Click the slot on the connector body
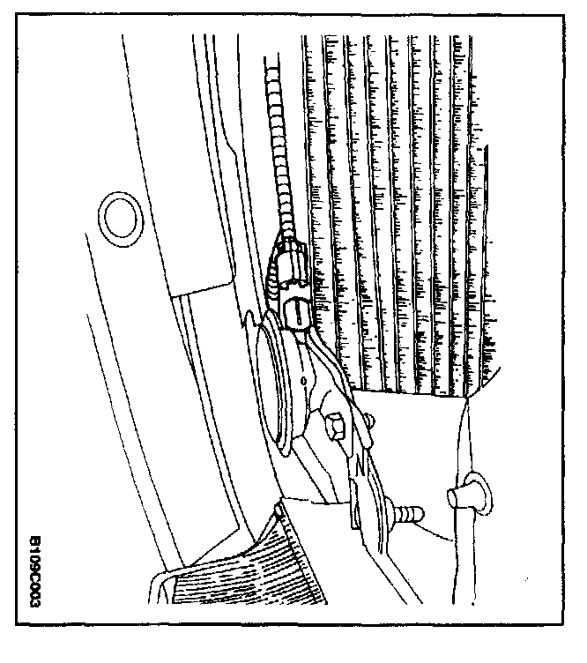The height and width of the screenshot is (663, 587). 297,309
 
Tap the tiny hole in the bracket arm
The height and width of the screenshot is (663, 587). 305,381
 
